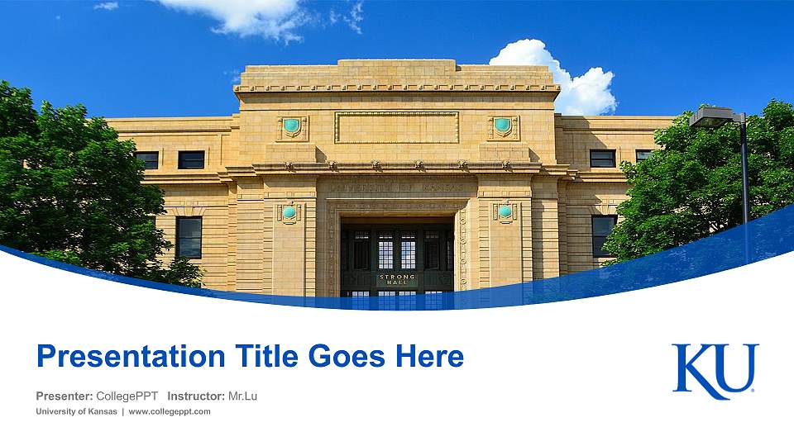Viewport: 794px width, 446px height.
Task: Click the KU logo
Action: coord(715,371)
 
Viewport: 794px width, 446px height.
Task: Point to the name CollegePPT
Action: coord(127,396)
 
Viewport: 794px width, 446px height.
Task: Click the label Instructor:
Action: coord(195,396)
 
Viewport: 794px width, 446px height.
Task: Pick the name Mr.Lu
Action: coord(242,396)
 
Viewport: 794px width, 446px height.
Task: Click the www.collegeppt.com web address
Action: coord(170,411)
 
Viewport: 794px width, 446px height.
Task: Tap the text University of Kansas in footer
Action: coord(76,411)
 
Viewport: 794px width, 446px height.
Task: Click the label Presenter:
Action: coord(64,396)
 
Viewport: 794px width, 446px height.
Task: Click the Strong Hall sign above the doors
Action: coord(397,280)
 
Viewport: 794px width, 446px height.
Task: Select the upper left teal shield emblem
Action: coord(291,126)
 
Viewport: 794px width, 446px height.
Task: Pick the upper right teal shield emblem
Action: coord(502,126)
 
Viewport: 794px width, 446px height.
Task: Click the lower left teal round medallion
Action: coord(289,212)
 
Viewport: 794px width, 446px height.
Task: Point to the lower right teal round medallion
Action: coord(505,211)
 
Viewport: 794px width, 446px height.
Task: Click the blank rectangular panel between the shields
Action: coord(396,127)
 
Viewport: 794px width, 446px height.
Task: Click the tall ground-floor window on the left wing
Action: coord(189,237)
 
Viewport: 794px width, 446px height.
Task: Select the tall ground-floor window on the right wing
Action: coord(603,235)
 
